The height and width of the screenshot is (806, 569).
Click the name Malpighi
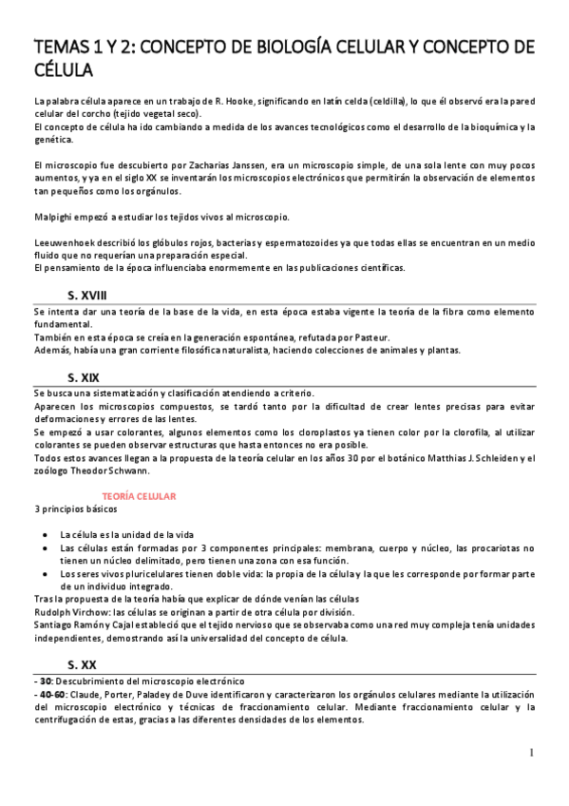pos(53,217)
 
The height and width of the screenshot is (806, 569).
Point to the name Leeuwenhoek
pos(63,243)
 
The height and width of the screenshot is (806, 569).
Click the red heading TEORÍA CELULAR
pos(139,496)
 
